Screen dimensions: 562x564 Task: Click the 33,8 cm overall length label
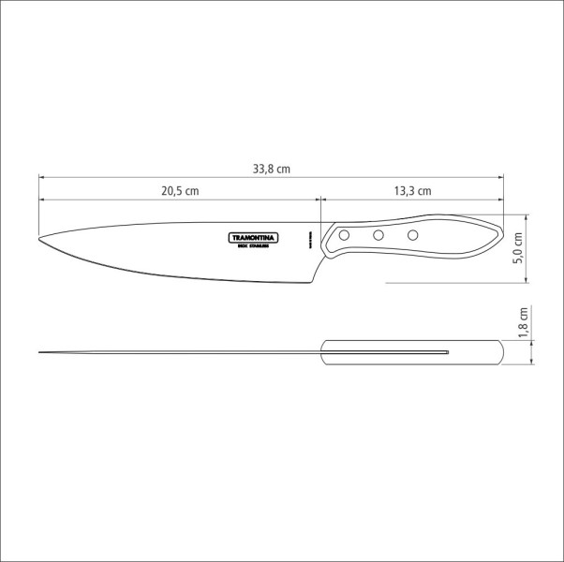coord(272,169)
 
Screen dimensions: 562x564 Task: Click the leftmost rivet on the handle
coord(345,233)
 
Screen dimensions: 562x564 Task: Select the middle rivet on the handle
coord(378,235)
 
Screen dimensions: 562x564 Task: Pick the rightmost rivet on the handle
coord(411,234)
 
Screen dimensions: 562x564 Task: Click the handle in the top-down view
coord(412,352)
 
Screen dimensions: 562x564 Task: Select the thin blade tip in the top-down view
coord(43,352)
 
